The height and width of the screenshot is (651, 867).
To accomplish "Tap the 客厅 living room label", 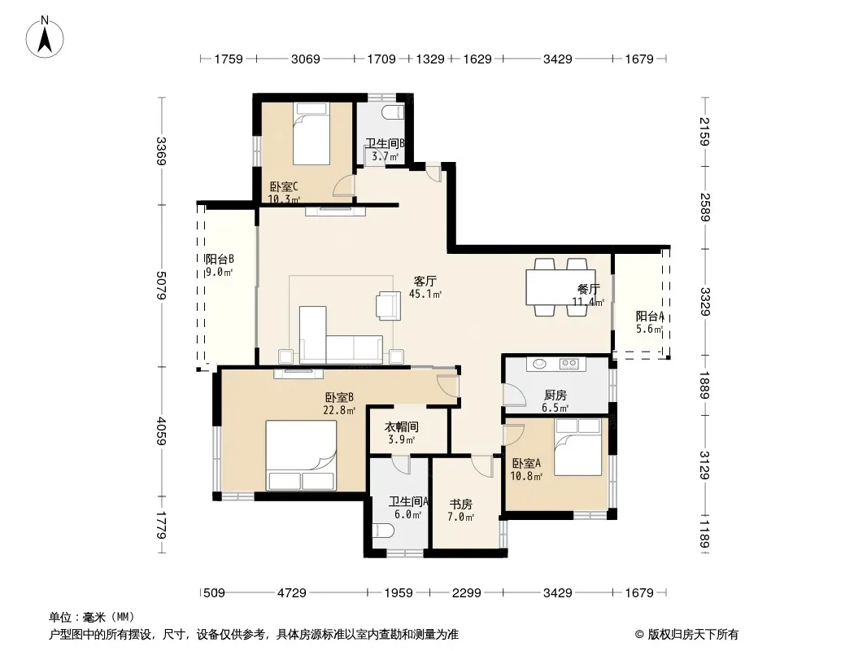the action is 425,281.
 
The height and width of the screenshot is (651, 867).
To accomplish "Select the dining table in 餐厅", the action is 560,286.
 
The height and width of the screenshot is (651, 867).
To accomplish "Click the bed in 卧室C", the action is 311,133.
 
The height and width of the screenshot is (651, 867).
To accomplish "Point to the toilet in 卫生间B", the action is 394,111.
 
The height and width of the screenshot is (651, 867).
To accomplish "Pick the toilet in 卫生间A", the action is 382,532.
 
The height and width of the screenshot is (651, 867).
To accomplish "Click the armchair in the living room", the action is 388,306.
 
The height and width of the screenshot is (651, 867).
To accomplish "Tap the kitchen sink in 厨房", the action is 539,364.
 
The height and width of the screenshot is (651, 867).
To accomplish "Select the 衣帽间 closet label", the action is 402,427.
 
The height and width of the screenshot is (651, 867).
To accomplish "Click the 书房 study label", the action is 460,505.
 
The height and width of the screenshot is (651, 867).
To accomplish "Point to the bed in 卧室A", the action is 577,447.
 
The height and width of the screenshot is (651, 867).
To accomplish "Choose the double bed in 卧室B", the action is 302,455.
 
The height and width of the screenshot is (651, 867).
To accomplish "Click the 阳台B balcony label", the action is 220,259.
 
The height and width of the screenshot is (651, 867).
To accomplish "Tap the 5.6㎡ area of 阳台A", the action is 649,329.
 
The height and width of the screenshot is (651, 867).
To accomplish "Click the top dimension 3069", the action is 305,59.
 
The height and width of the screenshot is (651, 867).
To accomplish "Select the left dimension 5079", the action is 162,286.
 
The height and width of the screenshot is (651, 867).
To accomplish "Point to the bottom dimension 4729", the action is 291,593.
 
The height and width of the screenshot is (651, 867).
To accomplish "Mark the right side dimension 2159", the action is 704,132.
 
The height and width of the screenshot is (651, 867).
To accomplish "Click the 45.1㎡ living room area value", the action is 425,295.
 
